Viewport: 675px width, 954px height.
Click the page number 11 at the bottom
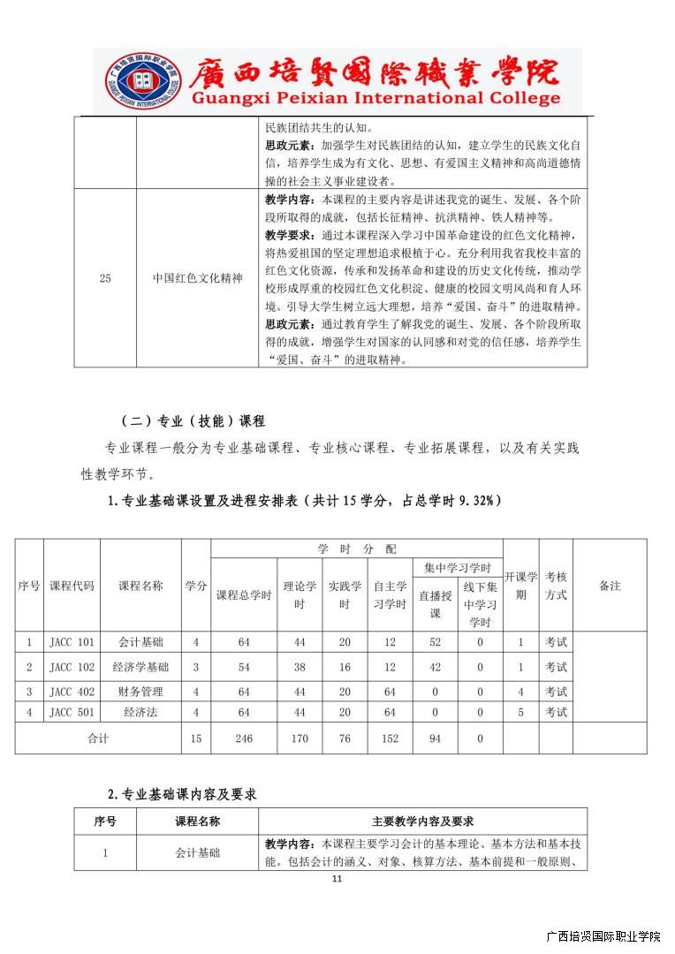[x=336, y=878]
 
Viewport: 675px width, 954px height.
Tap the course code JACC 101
[x=72, y=642]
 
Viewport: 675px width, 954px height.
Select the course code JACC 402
[x=72, y=691]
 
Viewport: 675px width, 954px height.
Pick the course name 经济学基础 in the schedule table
[x=140, y=666]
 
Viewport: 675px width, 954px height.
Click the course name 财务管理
[x=140, y=691]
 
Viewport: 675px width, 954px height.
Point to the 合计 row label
[x=97, y=738]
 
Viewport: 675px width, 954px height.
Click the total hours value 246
[x=244, y=738]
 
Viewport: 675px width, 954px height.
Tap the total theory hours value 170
[x=300, y=738]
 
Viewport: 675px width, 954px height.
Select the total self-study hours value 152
[x=390, y=738]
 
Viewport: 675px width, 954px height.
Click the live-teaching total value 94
[x=435, y=738]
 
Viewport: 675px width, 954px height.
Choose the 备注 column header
[x=610, y=586]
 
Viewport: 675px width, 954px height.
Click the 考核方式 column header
[x=556, y=586]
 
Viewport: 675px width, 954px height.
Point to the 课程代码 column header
[x=72, y=586]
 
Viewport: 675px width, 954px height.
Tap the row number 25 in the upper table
[x=105, y=278]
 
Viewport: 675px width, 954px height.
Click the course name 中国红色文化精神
[x=197, y=278]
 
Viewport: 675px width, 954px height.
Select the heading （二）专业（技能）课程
[x=193, y=420]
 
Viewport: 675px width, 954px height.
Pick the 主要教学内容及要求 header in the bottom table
[x=422, y=821]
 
